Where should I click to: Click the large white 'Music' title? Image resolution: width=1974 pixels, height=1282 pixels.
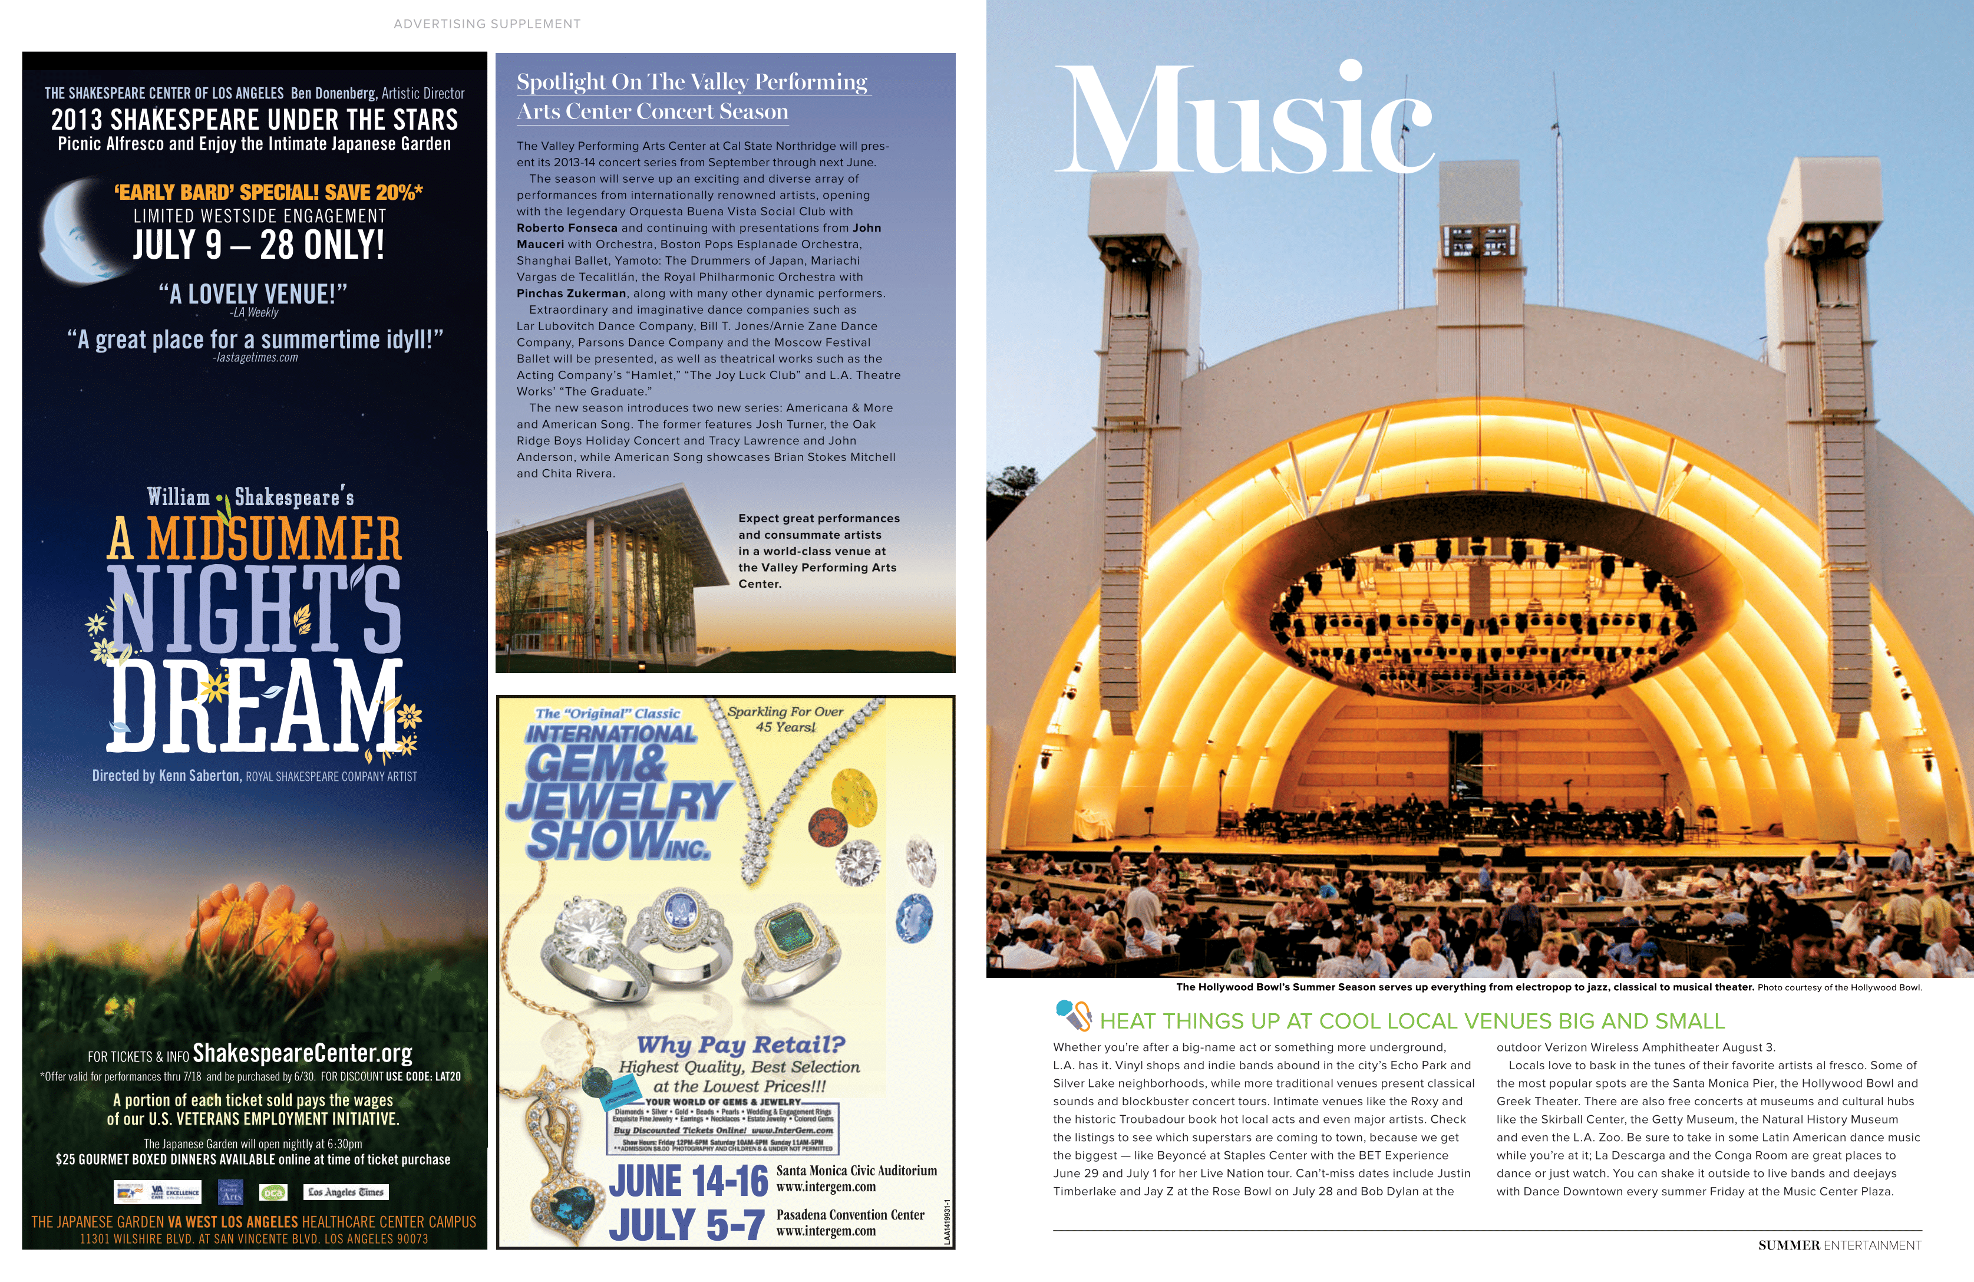pos(1247,120)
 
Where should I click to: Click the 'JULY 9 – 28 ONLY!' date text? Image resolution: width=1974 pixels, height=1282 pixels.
pos(259,246)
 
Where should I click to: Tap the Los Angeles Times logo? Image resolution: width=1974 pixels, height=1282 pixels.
pos(346,1192)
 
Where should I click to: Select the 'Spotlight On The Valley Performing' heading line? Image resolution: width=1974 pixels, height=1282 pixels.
pos(692,82)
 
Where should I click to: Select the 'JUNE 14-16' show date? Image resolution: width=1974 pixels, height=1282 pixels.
pos(688,1182)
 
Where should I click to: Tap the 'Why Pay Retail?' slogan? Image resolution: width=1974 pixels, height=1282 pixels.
pos(741,1044)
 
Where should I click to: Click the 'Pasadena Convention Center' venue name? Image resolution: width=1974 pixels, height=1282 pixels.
pos(850,1215)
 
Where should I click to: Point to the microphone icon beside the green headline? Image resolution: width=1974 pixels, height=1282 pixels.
pos(1073,1014)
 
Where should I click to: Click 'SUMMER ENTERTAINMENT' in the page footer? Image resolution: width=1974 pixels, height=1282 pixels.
pos(1839,1245)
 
